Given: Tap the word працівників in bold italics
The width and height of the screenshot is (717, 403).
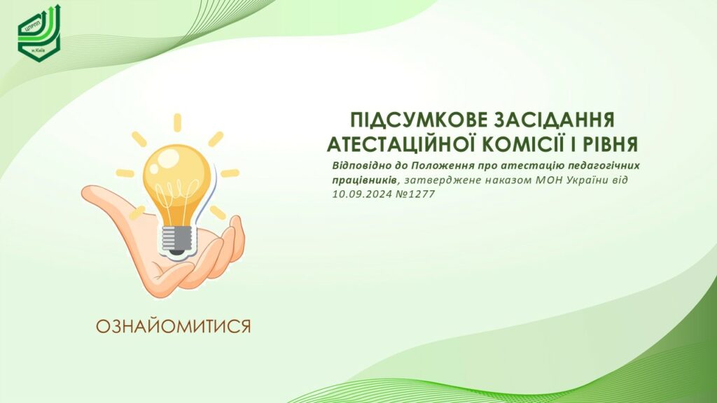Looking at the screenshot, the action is click(364, 180).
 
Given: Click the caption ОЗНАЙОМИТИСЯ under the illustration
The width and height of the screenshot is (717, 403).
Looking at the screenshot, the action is click(174, 327).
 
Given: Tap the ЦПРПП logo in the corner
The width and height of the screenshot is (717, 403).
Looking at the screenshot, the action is click(39, 33).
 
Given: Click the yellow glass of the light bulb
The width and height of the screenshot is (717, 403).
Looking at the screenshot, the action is click(177, 178).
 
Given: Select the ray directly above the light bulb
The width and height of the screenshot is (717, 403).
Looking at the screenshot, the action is click(177, 122).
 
